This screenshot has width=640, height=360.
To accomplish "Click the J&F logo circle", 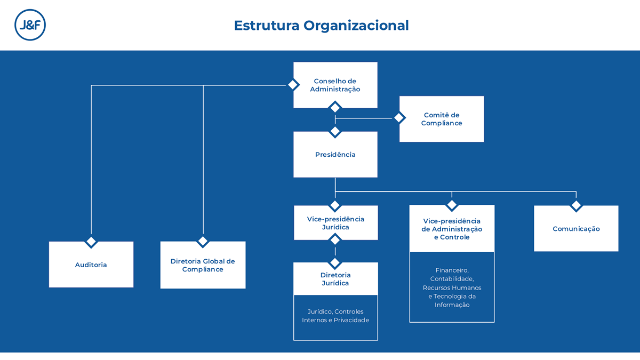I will click(x=30, y=25).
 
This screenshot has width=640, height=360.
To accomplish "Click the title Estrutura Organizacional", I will click(x=321, y=25).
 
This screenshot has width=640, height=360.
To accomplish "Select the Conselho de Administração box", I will click(x=335, y=85).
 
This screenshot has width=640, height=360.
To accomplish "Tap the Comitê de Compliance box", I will click(x=441, y=119).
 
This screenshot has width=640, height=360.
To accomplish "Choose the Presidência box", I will click(x=335, y=155).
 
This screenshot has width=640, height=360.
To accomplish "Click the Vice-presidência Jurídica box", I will click(x=335, y=223).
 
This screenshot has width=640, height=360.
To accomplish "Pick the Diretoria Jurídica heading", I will click(x=335, y=279).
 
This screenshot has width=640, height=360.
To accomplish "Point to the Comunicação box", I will click(x=576, y=229).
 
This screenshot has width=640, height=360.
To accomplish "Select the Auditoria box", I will click(x=91, y=265).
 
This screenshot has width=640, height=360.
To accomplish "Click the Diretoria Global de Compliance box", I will click(x=203, y=265).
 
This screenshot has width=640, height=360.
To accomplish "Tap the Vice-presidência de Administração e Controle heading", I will click(x=451, y=229).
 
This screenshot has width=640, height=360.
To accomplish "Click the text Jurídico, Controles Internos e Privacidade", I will click(x=335, y=316).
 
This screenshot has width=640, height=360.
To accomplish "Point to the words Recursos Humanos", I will click(x=452, y=287).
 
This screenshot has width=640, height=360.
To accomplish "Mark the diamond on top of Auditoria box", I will click(x=91, y=242).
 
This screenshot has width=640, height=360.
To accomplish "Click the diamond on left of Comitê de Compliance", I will click(x=399, y=118).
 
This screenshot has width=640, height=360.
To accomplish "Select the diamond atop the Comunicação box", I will click(x=576, y=205).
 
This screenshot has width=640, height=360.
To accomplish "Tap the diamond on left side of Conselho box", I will click(x=293, y=85).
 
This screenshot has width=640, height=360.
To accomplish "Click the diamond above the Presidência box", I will click(x=335, y=131).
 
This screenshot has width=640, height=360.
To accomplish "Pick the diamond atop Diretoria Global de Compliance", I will click(x=203, y=242).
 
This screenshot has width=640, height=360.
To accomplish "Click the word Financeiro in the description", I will click(x=452, y=270).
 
